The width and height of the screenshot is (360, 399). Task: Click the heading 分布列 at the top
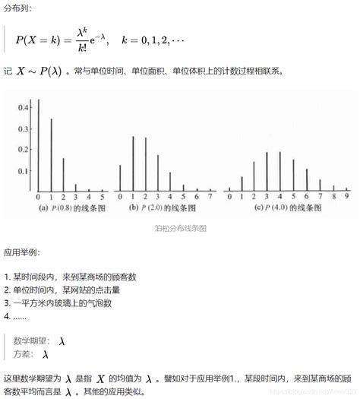pos(17,8)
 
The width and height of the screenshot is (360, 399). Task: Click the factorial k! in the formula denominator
pos(82,49)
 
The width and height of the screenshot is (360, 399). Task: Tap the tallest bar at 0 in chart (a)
pos(39,144)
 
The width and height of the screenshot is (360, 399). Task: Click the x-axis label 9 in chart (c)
pos(346,197)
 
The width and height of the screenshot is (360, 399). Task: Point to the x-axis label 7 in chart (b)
pos(209,197)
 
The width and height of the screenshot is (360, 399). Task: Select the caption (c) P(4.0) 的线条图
pos(289,207)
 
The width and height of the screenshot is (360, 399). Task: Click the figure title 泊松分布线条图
pos(180,227)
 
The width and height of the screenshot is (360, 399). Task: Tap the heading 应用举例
pos(22,252)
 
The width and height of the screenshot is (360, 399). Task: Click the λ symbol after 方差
pos(46,355)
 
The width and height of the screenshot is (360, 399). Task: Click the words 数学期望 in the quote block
pos(31,342)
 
